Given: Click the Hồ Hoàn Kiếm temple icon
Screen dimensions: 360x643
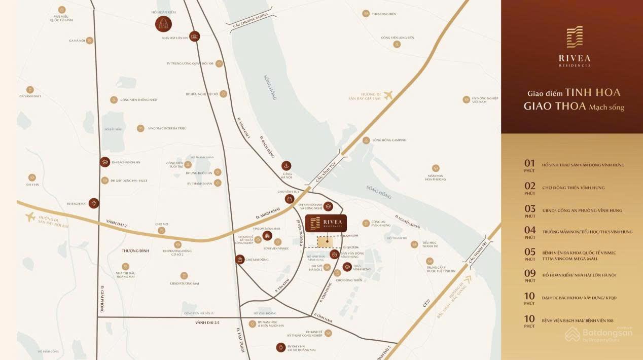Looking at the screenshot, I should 163,24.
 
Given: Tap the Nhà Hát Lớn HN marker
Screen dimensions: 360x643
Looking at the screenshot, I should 194,36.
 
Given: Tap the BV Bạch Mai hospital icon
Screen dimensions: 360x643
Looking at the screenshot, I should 93,203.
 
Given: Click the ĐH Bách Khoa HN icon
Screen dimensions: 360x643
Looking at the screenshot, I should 105,162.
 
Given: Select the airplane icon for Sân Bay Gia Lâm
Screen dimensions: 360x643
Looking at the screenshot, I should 388,95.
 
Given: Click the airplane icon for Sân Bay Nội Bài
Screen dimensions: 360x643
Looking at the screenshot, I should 30,217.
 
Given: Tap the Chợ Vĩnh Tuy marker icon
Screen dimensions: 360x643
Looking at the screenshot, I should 289,199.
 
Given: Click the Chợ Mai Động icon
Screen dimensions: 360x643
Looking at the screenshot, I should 239,260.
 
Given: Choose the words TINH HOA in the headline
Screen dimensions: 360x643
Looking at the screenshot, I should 593,93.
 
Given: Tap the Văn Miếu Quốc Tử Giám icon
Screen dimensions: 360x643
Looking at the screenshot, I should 62,10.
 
